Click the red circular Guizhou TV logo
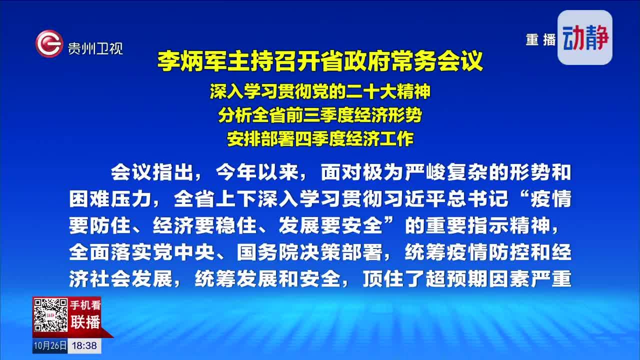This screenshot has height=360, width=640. click(x=49, y=43)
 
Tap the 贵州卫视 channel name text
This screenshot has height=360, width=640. click(x=95, y=48)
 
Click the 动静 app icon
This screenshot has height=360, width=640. click(x=585, y=37)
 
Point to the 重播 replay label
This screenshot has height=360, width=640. click(x=540, y=39)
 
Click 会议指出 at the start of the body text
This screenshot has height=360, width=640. click(x=152, y=172)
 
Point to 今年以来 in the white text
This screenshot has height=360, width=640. click(x=257, y=172)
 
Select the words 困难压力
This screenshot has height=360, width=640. click(x=110, y=199)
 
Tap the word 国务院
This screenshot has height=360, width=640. click(x=268, y=252)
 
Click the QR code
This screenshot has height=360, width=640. click(x=50, y=315)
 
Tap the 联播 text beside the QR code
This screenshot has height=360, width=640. click(x=85, y=322)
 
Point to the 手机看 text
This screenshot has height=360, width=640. click(x=85, y=305)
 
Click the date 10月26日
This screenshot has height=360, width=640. click(x=50, y=345)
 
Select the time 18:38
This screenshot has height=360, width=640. click(x=84, y=345)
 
